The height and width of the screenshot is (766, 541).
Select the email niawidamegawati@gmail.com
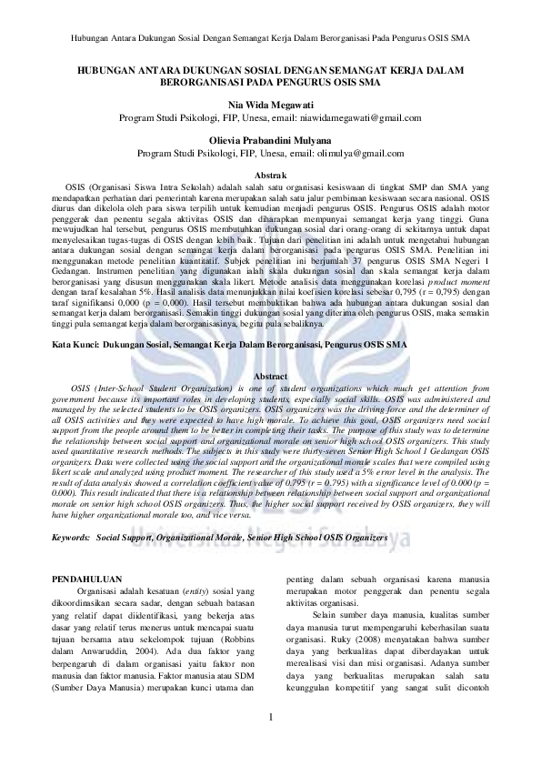[x=361, y=118]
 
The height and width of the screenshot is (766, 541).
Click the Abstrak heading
[x=270, y=174]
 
